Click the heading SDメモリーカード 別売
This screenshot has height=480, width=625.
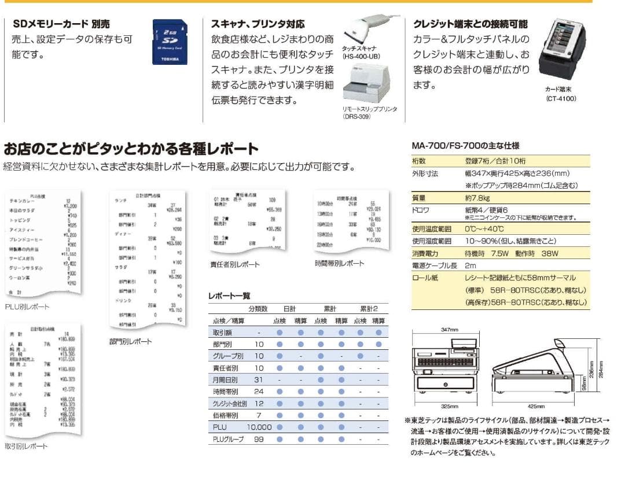(61, 24)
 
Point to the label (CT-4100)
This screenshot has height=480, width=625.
(561, 98)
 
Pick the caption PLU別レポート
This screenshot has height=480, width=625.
(27, 307)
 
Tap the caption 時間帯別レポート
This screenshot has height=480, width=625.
(340, 263)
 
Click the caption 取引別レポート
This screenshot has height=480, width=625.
(26, 446)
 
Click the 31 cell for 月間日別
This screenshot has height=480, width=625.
(259, 380)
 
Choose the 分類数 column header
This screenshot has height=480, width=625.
(258, 309)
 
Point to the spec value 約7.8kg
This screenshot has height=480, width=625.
(477, 198)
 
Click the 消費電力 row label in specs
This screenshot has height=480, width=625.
(427, 253)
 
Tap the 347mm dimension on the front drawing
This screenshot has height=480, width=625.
(449, 329)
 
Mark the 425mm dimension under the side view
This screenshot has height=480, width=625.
(536, 406)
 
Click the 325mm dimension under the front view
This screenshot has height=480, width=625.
(450, 406)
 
